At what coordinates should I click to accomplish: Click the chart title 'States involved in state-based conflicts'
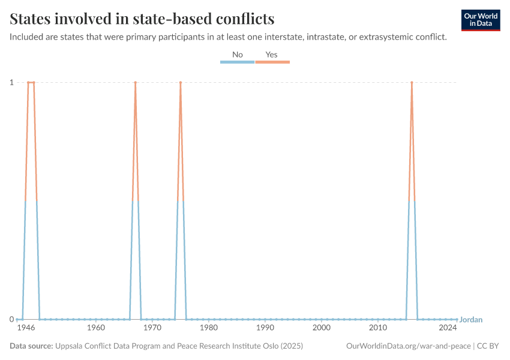coord(142,19)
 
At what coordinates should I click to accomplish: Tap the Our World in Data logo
coord(481,20)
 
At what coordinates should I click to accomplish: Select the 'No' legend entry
coord(238,55)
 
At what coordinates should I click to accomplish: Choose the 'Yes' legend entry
coord(272,55)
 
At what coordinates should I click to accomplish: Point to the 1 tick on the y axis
coord(11,82)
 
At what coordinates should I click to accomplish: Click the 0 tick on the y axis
coord(11,319)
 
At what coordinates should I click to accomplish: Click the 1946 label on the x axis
coord(26,328)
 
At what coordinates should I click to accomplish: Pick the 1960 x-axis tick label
coord(96,328)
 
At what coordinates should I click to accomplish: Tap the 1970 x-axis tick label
coord(152,328)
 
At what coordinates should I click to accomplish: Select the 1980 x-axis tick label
coord(209,328)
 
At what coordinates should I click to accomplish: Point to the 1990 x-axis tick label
coord(265,328)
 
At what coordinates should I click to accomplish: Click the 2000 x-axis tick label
coord(322,328)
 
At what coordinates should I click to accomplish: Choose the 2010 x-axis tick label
coord(378,328)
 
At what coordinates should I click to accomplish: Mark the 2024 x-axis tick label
coord(447,328)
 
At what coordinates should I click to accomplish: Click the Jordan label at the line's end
coord(471,320)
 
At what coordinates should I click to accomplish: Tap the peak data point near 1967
coord(136,82)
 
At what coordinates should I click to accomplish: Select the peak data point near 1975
coord(181,82)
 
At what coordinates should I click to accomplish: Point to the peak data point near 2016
coord(412,82)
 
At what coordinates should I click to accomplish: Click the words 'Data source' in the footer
coord(31,346)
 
